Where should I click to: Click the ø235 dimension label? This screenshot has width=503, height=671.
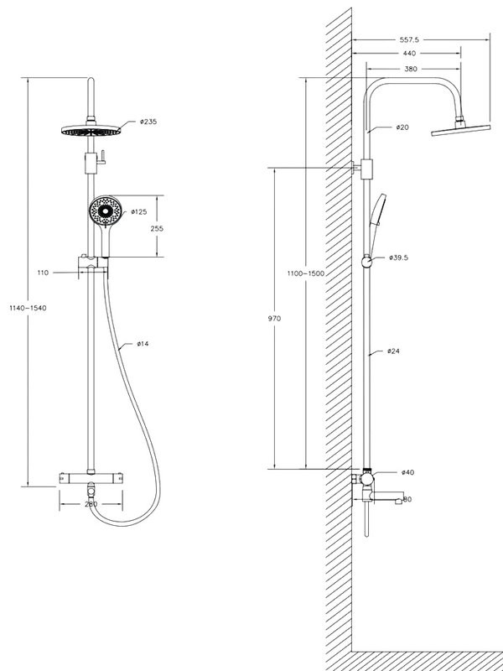(x=148, y=122)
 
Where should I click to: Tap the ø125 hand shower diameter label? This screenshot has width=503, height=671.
(x=139, y=212)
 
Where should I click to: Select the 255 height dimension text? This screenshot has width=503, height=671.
(x=157, y=228)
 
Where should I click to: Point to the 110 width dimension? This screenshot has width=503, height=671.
(x=44, y=273)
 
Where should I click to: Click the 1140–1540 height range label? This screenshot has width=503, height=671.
(x=28, y=308)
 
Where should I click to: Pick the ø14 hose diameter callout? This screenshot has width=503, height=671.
(x=143, y=344)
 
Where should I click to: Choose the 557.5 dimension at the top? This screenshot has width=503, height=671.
(x=409, y=39)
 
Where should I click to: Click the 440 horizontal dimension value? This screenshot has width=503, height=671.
(x=409, y=54)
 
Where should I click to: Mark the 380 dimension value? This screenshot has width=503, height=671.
(x=411, y=69)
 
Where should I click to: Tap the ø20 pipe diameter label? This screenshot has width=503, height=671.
(x=402, y=127)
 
